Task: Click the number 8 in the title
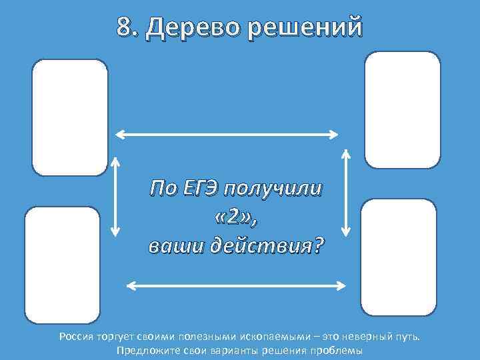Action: [x=124, y=27]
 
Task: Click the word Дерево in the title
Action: [x=193, y=28]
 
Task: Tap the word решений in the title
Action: [x=307, y=28]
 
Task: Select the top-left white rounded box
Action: [x=70, y=117]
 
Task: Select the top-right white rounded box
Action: [x=403, y=109]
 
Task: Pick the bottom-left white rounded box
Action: [x=62, y=265]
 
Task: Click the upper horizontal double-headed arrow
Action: [x=227, y=135]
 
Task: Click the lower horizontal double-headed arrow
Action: [x=237, y=286]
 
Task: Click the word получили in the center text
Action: [x=273, y=189]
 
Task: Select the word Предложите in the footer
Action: [x=147, y=350]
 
